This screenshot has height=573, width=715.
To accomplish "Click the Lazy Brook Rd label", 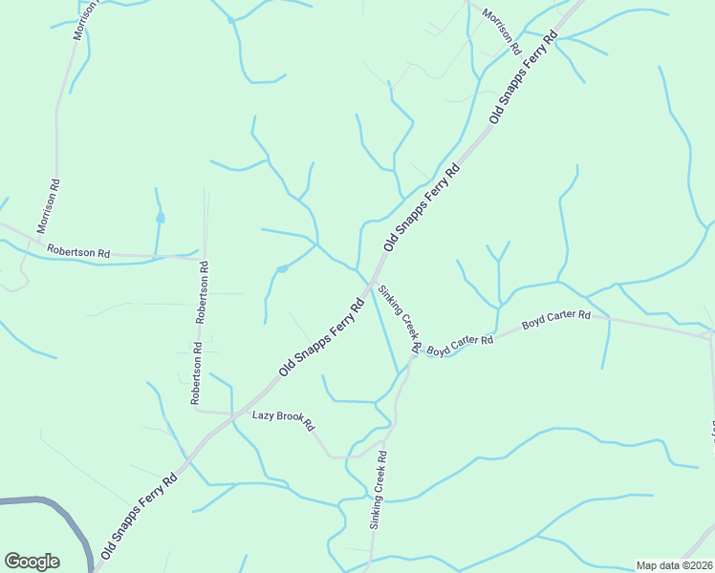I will pyautogui.click(x=283, y=420).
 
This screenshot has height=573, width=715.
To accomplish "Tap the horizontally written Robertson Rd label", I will pyautogui.click(x=78, y=251).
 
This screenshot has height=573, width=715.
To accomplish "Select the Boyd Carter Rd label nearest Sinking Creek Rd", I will pyautogui.click(x=459, y=345).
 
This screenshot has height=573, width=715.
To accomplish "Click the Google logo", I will pyautogui.click(x=32, y=562).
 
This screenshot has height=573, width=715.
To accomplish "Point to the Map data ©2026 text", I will pyautogui.click(x=674, y=565).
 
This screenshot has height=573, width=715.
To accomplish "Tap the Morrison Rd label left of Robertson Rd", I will pyautogui.click(x=49, y=206).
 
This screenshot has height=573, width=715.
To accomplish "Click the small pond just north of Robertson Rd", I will pyautogui.click(x=161, y=218).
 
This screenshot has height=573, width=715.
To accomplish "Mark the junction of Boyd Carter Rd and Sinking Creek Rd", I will pyautogui.click(x=415, y=356).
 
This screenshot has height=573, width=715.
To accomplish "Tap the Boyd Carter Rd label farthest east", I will pyautogui.click(x=556, y=320).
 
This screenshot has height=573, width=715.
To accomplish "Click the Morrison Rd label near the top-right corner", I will pyautogui.click(x=501, y=31).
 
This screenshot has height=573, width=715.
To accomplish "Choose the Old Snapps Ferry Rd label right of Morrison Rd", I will pyautogui.click(x=522, y=78).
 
